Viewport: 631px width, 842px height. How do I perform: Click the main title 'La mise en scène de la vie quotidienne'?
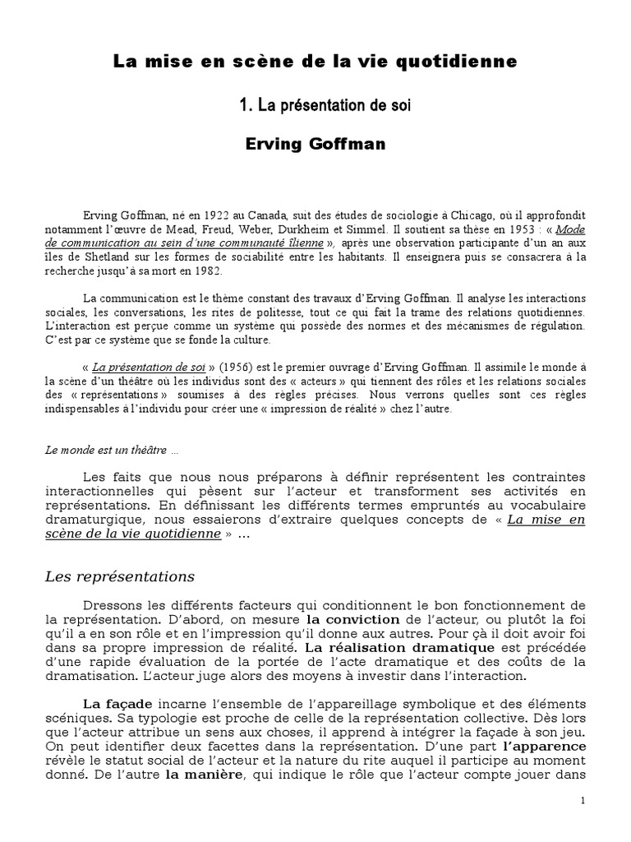[x=315, y=62]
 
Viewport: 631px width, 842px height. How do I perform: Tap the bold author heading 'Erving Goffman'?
[x=315, y=145]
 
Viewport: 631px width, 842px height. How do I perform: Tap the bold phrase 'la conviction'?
[x=352, y=618]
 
